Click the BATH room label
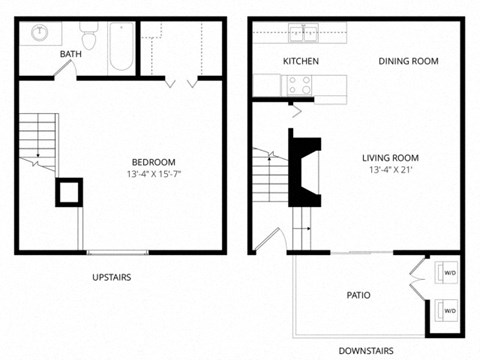point(71,54)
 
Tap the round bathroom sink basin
point(40,32)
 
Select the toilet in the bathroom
point(89,35)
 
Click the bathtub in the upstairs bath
point(121,46)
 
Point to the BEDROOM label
point(154,162)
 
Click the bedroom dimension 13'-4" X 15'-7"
point(154,174)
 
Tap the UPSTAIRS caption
point(112,277)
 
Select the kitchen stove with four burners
point(297,85)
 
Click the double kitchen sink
point(303,33)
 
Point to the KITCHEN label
point(301,61)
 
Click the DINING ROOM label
point(408,61)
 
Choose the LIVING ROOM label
point(391,158)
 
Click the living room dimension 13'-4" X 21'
point(391,170)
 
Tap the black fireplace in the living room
point(304,167)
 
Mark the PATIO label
point(358,295)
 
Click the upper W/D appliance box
point(446,272)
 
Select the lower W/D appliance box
point(446,310)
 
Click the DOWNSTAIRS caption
point(366,351)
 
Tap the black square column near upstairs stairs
point(69,192)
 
